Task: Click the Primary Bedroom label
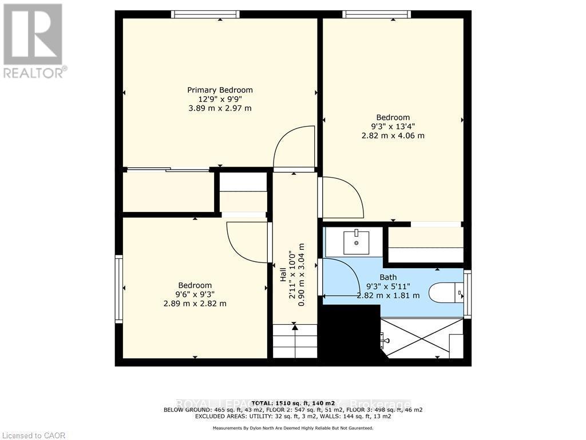(220, 90)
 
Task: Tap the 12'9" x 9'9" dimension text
(220, 99)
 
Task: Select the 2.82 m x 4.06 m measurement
(393, 136)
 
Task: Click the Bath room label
(388, 277)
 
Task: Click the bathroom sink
(357, 242)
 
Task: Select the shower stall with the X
(421, 337)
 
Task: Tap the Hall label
(283, 275)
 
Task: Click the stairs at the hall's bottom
(294, 341)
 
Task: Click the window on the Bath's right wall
(468, 294)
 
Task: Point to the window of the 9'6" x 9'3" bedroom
(119, 289)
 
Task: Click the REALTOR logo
(34, 40)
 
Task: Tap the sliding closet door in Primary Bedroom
(168, 170)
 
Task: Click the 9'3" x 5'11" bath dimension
(388, 286)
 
